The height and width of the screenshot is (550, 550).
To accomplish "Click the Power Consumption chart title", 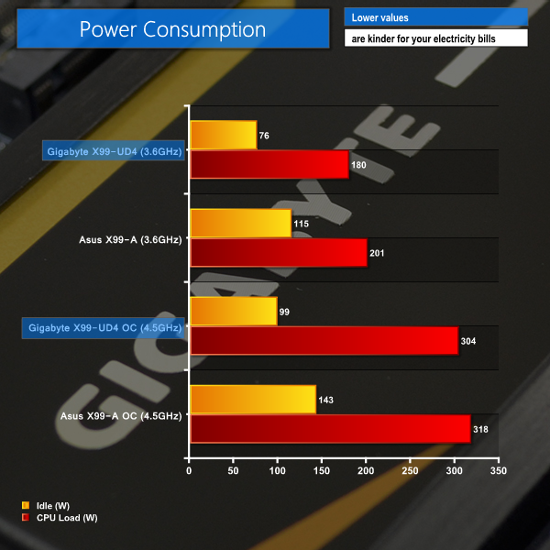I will (x=172, y=28).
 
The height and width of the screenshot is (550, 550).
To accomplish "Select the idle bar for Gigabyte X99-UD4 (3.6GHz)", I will (x=223, y=136).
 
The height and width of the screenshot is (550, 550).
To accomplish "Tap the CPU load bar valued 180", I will (x=269, y=165).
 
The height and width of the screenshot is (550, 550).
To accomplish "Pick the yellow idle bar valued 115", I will (x=240, y=224).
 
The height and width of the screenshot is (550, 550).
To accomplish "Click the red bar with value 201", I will (x=278, y=253).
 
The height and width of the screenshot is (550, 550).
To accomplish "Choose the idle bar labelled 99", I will (x=233, y=312).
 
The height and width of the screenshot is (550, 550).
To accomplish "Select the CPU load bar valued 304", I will (x=324, y=341).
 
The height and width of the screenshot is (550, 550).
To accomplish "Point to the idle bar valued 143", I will (x=252, y=400).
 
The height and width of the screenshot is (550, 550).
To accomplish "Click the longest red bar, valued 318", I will (x=330, y=429).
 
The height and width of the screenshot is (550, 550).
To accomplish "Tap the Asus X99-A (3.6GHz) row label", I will (x=132, y=239).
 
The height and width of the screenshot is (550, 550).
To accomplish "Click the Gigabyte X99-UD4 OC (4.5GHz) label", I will (x=104, y=327).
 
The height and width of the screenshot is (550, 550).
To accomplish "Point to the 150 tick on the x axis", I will (x=322, y=471).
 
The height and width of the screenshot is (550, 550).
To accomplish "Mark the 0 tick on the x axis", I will (x=189, y=471).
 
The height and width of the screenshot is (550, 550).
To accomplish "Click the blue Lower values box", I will (x=436, y=17).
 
